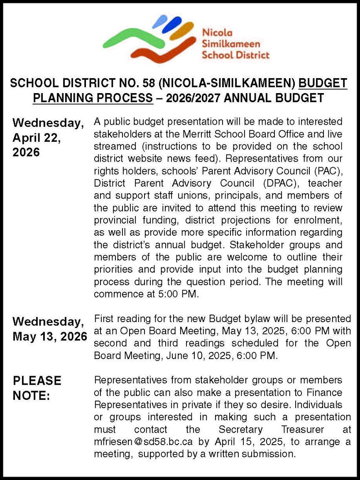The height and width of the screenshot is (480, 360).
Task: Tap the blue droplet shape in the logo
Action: point(171,25)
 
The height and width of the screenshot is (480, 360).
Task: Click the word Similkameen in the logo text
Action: point(231,44)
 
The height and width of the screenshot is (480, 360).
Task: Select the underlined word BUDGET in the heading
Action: point(323,83)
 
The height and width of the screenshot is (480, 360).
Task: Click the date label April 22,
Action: point(37,138)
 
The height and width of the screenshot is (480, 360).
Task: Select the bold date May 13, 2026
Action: point(50,336)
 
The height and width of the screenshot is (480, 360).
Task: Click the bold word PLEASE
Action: point(37,381)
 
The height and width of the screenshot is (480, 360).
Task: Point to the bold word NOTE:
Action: point(31,396)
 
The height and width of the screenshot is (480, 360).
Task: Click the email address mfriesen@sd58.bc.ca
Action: point(134,441)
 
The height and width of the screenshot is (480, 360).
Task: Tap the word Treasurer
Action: point(304,429)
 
